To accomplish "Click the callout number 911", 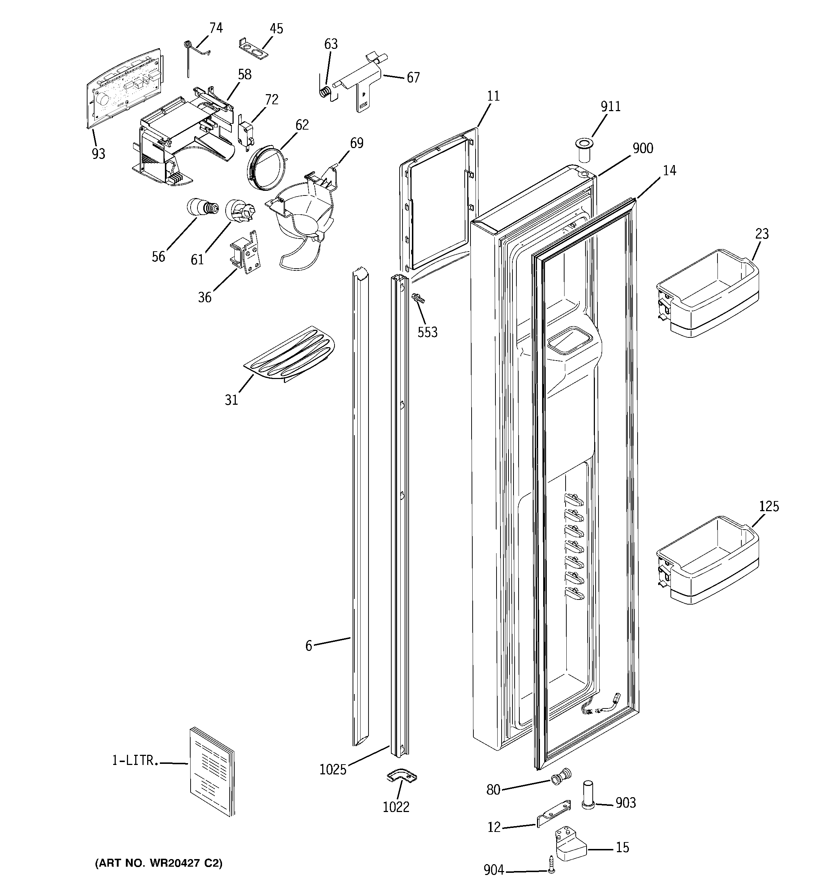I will pos(610,107).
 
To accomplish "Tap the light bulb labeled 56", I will pos(200,208).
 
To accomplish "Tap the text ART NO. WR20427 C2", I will pos(158,863).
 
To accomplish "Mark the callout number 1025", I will pos(333,769).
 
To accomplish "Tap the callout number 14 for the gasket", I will pos(669,171).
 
